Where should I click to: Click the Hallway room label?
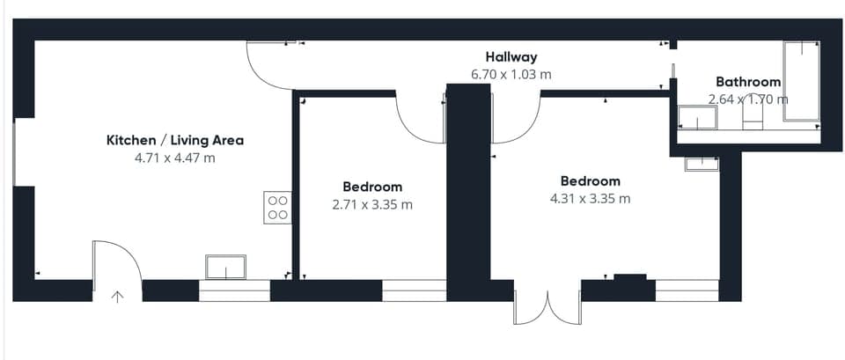click(x=511, y=56)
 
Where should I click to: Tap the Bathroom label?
click(x=748, y=82)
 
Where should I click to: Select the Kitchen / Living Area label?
click(x=175, y=141)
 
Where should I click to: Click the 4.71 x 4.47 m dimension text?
click(x=175, y=158)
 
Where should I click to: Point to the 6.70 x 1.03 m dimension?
click(x=511, y=74)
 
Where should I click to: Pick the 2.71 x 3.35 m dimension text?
click(x=372, y=205)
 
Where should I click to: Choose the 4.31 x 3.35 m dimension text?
click(x=590, y=198)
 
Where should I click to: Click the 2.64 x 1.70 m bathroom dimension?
click(x=748, y=99)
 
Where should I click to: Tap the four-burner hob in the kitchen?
click(x=277, y=208)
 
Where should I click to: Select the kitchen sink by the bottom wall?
click(x=226, y=268)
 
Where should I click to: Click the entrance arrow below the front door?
click(x=117, y=297)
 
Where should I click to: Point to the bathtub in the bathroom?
click(x=801, y=81)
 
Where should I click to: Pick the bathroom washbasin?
click(x=697, y=117)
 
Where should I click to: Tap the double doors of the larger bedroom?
click(x=547, y=308)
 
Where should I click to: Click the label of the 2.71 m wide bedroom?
click(x=372, y=187)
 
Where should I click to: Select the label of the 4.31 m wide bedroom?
click(x=590, y=180)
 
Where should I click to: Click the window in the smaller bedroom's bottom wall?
click(x=415, y=290)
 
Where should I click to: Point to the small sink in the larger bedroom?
click(x=702, y=164)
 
